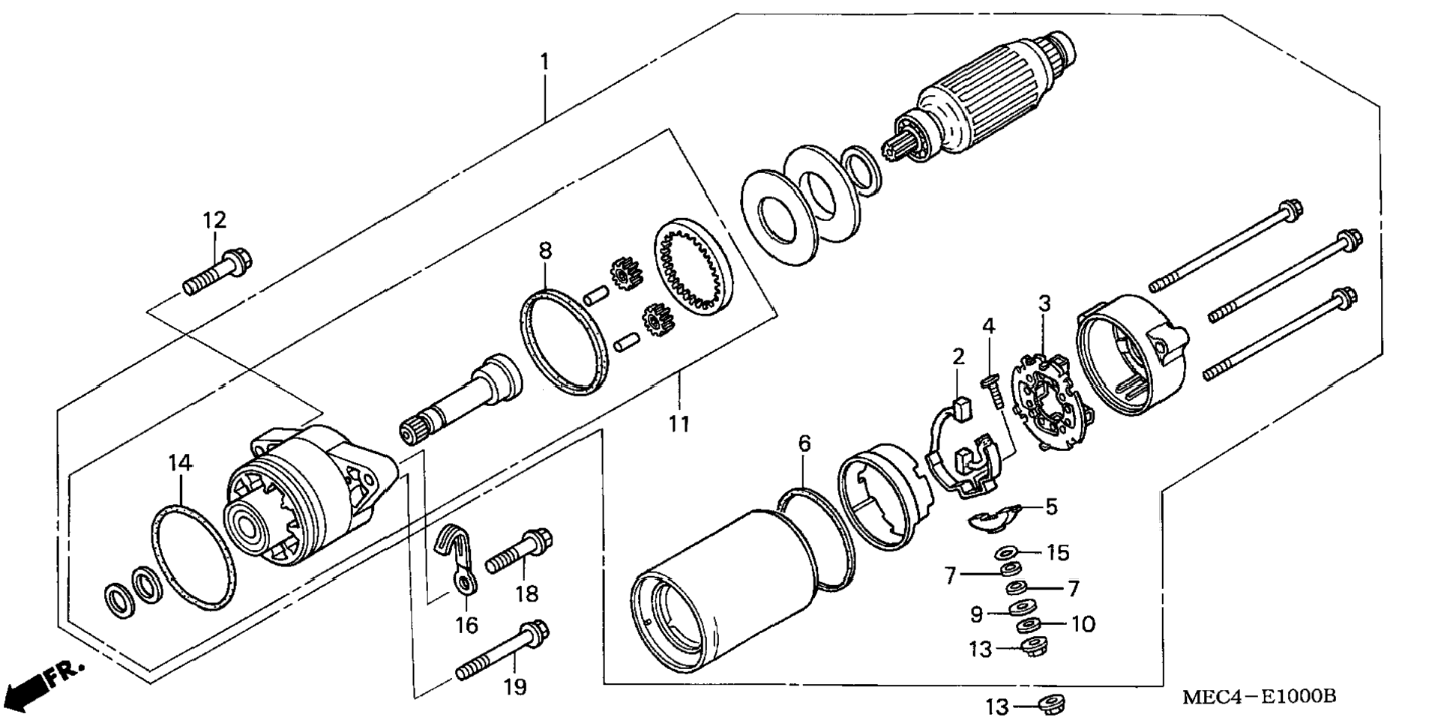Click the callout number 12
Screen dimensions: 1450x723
pos(214,220)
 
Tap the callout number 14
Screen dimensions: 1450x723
pos(181,463)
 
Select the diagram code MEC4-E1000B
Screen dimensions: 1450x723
pos(1260,697)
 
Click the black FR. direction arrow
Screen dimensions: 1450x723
pos(25,691)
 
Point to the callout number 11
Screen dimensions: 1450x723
pos(679,424)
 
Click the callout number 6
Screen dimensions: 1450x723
pos(804,444)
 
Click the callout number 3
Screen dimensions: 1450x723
pos(1044,303)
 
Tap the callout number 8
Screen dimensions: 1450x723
pos(545,251)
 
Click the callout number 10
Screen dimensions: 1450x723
pos(1083,624)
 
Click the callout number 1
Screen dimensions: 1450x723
pos(545,61)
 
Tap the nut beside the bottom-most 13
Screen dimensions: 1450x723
pos(1050,704)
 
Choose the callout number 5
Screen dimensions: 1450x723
pos(1052,507)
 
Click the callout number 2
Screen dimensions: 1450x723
pos(958,357)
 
